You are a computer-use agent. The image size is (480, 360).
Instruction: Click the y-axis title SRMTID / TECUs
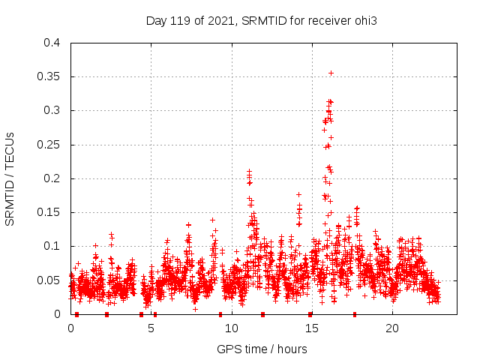click(10, 178)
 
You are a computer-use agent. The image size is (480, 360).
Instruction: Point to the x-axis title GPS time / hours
click(260, 349)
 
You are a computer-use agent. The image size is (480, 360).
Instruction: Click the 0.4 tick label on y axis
click(52, 43)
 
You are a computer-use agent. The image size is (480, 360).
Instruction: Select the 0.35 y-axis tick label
click(49, 76)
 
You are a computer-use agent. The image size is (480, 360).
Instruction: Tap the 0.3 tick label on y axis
click(52, 110)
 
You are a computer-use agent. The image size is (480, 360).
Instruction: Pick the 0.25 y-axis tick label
click(49, 145)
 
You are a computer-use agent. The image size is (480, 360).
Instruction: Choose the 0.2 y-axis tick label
click(52, 178)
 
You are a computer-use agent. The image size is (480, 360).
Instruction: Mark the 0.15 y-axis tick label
click(49, 212)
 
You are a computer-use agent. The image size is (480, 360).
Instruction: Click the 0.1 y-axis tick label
click(52, 246)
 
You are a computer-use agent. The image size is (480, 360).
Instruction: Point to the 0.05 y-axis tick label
click(49, 280)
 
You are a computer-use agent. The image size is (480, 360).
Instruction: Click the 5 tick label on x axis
click(151, 328)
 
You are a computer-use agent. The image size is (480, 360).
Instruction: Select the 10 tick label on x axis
click(231, 328)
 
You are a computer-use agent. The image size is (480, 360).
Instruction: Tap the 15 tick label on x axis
click(311, 328)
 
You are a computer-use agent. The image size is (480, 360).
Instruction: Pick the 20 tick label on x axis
click(391, 328)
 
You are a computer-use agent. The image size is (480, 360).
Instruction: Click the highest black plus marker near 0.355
click(331, 73)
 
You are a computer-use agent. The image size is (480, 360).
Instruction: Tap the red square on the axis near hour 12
click(262, 314)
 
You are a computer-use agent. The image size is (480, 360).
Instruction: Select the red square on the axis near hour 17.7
click(355, 314)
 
